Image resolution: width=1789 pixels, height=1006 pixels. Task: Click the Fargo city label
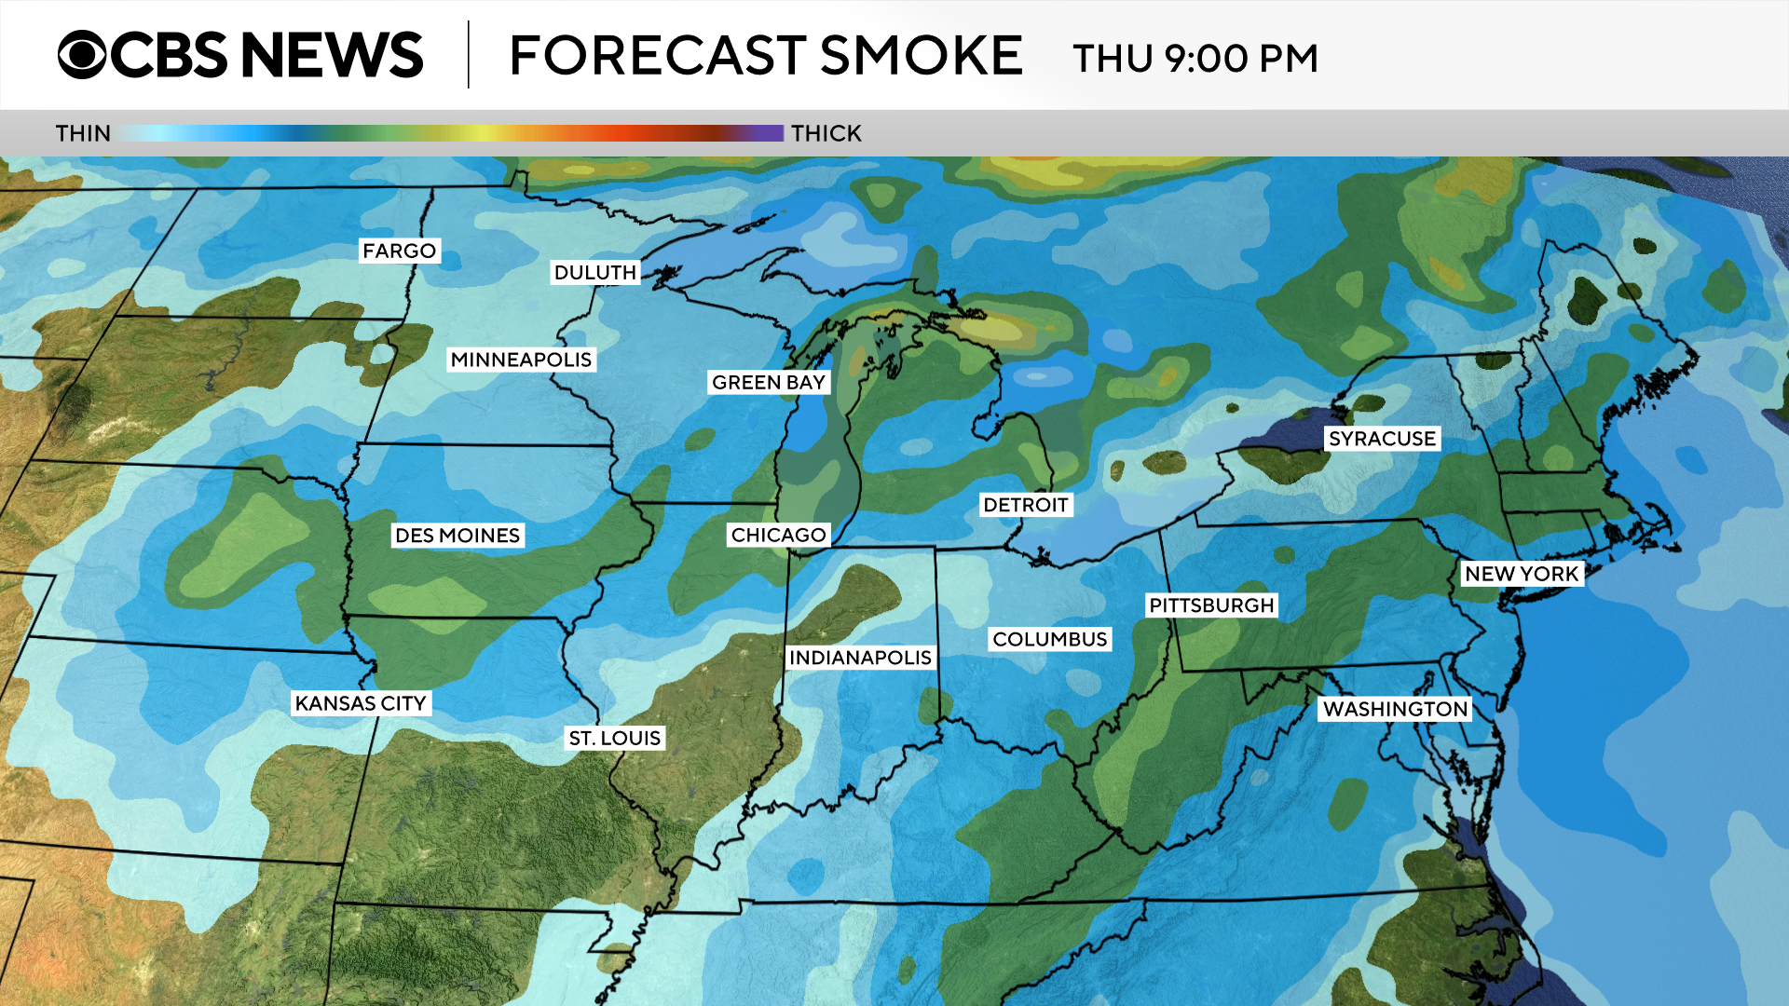pyautogui.click(x=399, y=251)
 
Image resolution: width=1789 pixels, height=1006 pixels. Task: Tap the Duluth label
pyautogui.click(x=594, y=272)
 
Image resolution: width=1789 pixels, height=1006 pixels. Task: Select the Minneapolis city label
pyautogui.click(x=521, y=360)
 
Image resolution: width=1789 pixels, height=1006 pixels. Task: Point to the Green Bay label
pyautogui.click(x=768, y=382)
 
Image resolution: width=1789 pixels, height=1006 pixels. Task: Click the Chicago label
pyautogui.click(x=778, y=535)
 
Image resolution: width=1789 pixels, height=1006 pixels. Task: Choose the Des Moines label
pyautogui.click(x=457, y=535)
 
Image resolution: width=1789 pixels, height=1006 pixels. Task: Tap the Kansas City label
pyautogui.click(x=361, y=703)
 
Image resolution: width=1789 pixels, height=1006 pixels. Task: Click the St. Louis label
pyautogui.click(x=614, y=738)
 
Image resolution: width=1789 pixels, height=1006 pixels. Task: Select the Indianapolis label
pyautogui.click(x=859, y=658)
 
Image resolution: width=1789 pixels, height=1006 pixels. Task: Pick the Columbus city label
pyautogui.click(x=1049, y=639)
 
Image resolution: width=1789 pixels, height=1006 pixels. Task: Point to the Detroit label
pyautogui.click(x=1025, y=505)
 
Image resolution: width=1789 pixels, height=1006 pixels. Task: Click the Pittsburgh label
pyautogui.click(x=1210, y=605)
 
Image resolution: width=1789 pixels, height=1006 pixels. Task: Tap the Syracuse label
pyautogui.click(x=1382, y=439)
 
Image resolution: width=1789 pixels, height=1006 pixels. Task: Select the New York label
pyautogui.click(x=1522, y=574)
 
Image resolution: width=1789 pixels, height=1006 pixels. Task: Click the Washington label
pyautogui.click(x=1395, y=709)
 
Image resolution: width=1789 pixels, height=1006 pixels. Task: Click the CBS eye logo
pyautogui.click(x=82, y=55)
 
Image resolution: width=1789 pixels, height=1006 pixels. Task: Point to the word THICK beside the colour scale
pyautogui.click(x=826, y=133)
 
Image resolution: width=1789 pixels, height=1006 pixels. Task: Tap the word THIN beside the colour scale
pyautogui.click(x=83, y=133)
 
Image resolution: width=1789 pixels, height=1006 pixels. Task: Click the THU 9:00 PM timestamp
pyautogui.click(x=1195, y=58)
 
